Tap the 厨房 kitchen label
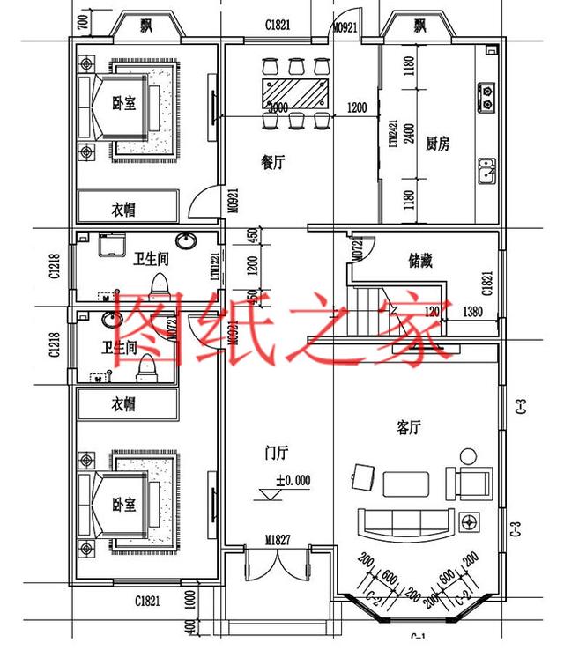pos(437,144)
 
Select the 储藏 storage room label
pos(420,261)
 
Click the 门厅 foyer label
pos(277,454)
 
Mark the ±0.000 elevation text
pos(293,481)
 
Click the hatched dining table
pos(294,92)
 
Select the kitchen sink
pos(486,169)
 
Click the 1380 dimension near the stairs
pos(473,311)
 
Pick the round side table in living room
pos(468,455)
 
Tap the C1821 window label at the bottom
pos(147,601)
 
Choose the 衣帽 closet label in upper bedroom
pos(123,210)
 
